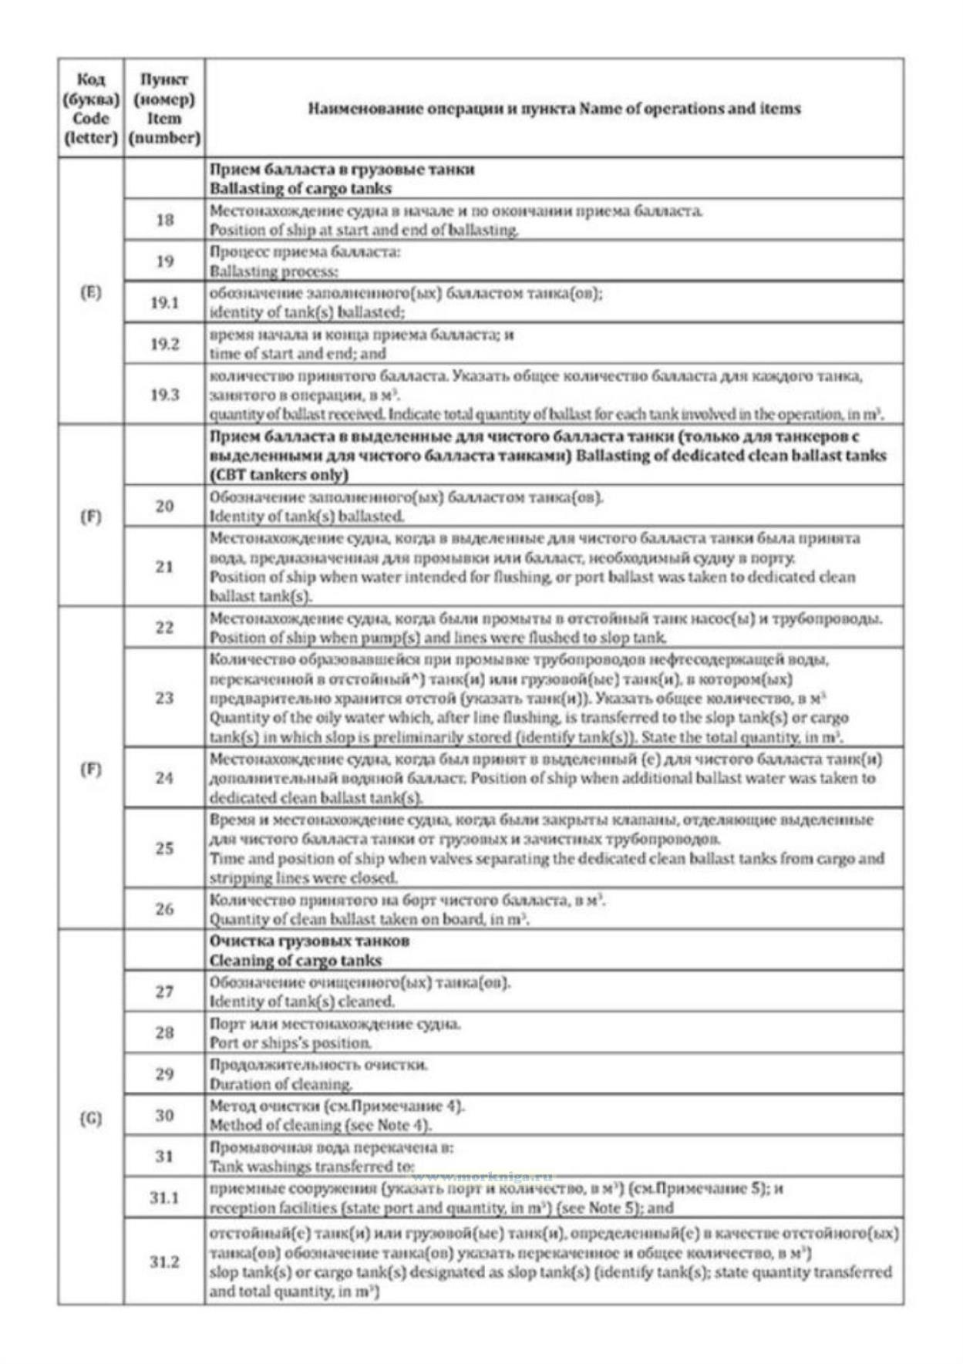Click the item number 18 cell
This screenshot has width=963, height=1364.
(x=164, y=220)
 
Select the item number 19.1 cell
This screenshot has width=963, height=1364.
(x=164, y=302)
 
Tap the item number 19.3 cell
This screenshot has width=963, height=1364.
(x=164, y=394)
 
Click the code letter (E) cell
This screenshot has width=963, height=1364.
(x=91, y=291)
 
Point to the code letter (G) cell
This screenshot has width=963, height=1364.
(x=91, y=1118)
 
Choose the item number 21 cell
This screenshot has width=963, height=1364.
(x=164, y=567)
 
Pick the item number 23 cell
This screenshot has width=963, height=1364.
(x=164, y=698)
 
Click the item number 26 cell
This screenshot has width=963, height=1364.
(x=164, y=908)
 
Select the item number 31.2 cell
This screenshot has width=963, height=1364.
(x=164, y=1261)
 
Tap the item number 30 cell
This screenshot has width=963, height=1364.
(x=164, y=1115)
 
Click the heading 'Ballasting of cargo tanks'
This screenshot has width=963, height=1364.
(x=301, y=189)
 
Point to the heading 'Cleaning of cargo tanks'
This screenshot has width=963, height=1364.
(x=295, y=961)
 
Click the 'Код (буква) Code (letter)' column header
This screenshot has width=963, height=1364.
(x=91, y=109)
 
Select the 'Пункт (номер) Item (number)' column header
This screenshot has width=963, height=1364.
(x=164, y=109)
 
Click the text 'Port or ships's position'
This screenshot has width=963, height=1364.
(x=291, y=1043)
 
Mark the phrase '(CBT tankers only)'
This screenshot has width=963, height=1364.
(x=279, y=475)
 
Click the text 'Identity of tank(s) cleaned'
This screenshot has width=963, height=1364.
(x=302, y=1002)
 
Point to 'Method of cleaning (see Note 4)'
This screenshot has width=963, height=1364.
(x=321, y=1125)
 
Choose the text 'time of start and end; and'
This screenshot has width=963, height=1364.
(x=298, y=354)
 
